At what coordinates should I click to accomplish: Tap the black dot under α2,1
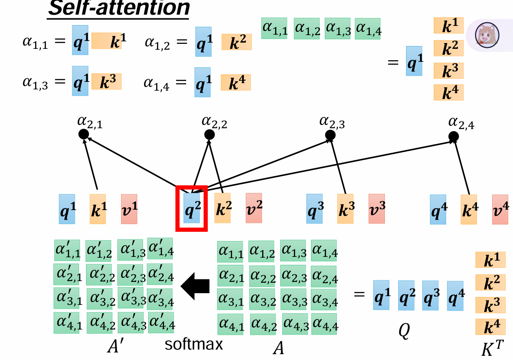pyautogui.click(x=84, y=134)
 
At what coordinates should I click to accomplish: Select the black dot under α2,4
pyautogui.click(x=453, y=136)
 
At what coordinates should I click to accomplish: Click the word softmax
pyautogui.click(x=193, y=345)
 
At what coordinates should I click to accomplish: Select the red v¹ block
pyautogui.click(x=129, y=209)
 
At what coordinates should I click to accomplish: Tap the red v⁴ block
pyautogui.click(x=500, y=209)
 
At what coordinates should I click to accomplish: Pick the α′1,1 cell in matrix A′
pyautogui.click(x=67, y=251)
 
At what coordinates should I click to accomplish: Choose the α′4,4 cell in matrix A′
pyautogui.click(x=161, y=322)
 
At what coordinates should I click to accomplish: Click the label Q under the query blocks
pyautogui.click(x=404, y=331)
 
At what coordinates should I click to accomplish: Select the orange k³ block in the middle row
pyautogui.click(x=345, y=209)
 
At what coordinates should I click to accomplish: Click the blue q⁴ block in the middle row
pyautogui.click(x=438, y=209)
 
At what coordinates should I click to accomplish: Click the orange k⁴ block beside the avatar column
pyautogui.click(x=449, y=92)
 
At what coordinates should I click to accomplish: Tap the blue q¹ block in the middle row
pyautogui.click(x=67, y=209)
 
